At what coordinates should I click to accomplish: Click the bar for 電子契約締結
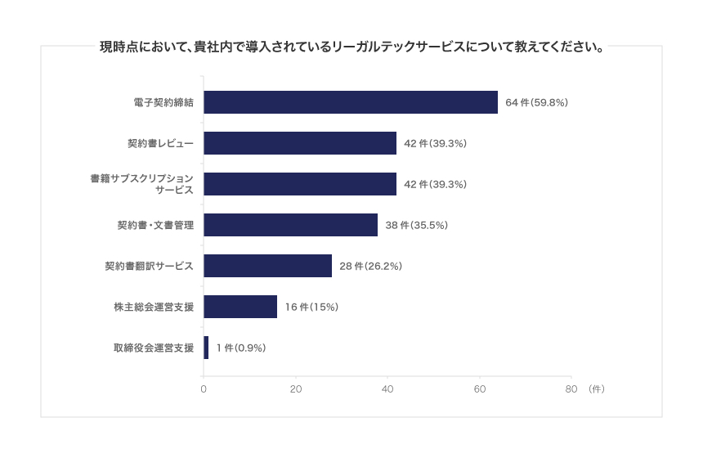[351, 102]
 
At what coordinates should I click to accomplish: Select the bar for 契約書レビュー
[300, 143]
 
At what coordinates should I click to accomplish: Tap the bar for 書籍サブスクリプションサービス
[300, 184]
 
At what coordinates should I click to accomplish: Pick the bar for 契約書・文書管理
[290, 225]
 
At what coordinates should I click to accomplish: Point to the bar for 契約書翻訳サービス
[267, 266]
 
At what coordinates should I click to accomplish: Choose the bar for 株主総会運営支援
[240, 307]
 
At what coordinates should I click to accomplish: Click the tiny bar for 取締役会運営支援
[206, 348]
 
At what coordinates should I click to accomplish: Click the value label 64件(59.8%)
[536, 103]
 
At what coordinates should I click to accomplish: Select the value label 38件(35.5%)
[416, 226]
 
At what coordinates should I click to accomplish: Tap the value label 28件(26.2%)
[370, 267]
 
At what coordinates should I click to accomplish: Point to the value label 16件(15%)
[311, 308]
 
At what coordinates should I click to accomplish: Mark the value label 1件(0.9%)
[241, 348]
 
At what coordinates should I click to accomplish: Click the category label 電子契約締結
[163, 103]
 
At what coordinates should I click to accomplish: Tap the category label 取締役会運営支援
[154, 348]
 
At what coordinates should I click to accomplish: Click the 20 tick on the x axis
[296, 388]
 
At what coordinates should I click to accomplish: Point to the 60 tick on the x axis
[480, 388]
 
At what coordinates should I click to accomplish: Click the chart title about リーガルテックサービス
[351, 47]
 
